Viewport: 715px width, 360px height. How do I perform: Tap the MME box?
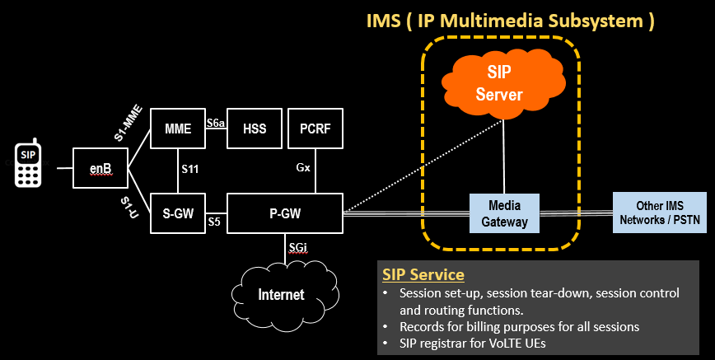pos(177,129)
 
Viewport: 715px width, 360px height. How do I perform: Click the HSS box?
pos(254,129)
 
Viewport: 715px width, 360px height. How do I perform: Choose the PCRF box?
pos(315,129)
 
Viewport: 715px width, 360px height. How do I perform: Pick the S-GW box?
pos(177,214)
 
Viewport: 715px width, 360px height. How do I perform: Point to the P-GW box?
pos(284,214)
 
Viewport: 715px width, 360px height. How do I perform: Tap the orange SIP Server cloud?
pos(499,82)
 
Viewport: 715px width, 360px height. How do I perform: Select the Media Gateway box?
pos(504,213)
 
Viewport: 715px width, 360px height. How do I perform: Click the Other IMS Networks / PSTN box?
pos(659,213)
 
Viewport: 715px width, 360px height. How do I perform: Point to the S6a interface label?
pos(216,123)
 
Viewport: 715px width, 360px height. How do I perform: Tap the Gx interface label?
pos(303,167)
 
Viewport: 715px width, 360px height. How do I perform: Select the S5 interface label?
pos(214,222)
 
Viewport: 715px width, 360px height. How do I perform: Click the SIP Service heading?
pos(423,274)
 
